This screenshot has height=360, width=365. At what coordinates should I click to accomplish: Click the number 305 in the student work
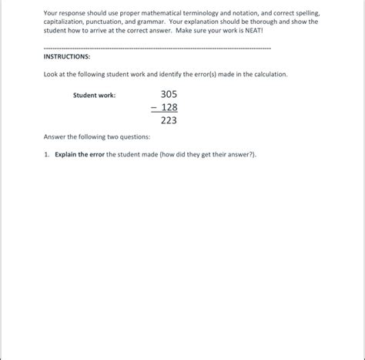click(x=168, y=94)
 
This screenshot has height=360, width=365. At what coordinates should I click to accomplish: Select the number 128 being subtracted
click(x=169, y=107)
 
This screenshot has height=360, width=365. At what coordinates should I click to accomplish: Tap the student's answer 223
click(x=169, y=120)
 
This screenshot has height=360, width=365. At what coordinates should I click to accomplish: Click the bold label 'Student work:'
click(x=94, y=96)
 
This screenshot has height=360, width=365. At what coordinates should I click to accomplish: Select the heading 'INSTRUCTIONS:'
click(x=67, y=57)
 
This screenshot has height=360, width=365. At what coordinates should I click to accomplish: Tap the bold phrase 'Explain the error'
click(x=80, y=154)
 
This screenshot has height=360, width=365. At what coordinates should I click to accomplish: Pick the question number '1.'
click(x=47, y=154)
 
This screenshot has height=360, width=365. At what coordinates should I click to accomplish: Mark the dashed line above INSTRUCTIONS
click(x=157, y=48)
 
